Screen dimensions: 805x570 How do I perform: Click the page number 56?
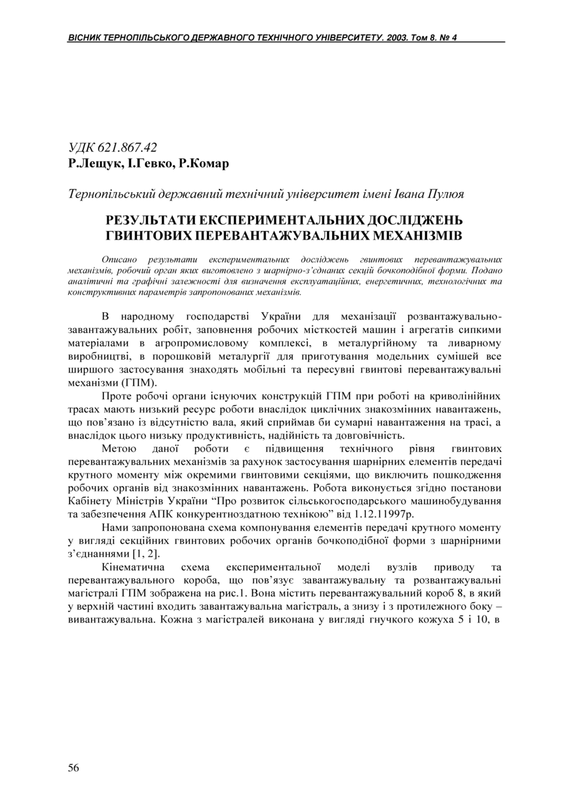coord(73,768)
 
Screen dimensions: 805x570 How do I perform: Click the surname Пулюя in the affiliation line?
coord(446,193)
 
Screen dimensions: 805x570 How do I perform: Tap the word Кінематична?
coord(134,566)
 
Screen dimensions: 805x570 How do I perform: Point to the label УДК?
coord(81,147)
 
